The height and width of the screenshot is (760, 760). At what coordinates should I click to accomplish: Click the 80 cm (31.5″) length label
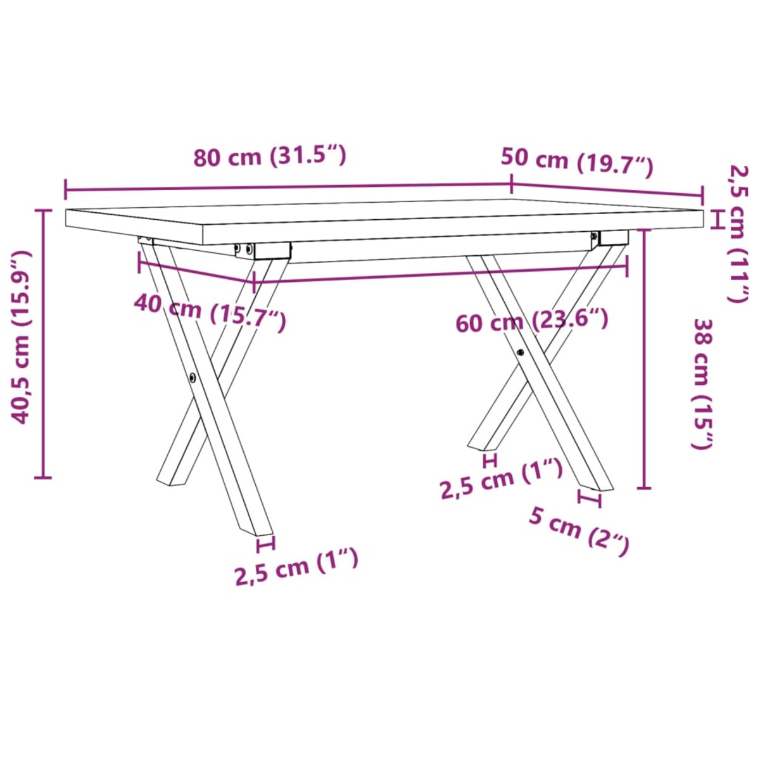pos(270,156)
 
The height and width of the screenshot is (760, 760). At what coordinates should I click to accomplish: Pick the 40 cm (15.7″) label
pos(210,313)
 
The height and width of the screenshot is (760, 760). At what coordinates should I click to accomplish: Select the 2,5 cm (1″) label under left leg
pos(296,567)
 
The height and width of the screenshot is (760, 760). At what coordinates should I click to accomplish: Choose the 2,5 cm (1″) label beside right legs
pos(501,479)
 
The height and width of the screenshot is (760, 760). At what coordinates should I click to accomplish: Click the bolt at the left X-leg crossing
pos(192,378)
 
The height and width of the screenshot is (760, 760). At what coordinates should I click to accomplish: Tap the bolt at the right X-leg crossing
pos(520,352)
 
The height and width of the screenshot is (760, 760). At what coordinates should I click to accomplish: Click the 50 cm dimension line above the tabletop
pos(607,189)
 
